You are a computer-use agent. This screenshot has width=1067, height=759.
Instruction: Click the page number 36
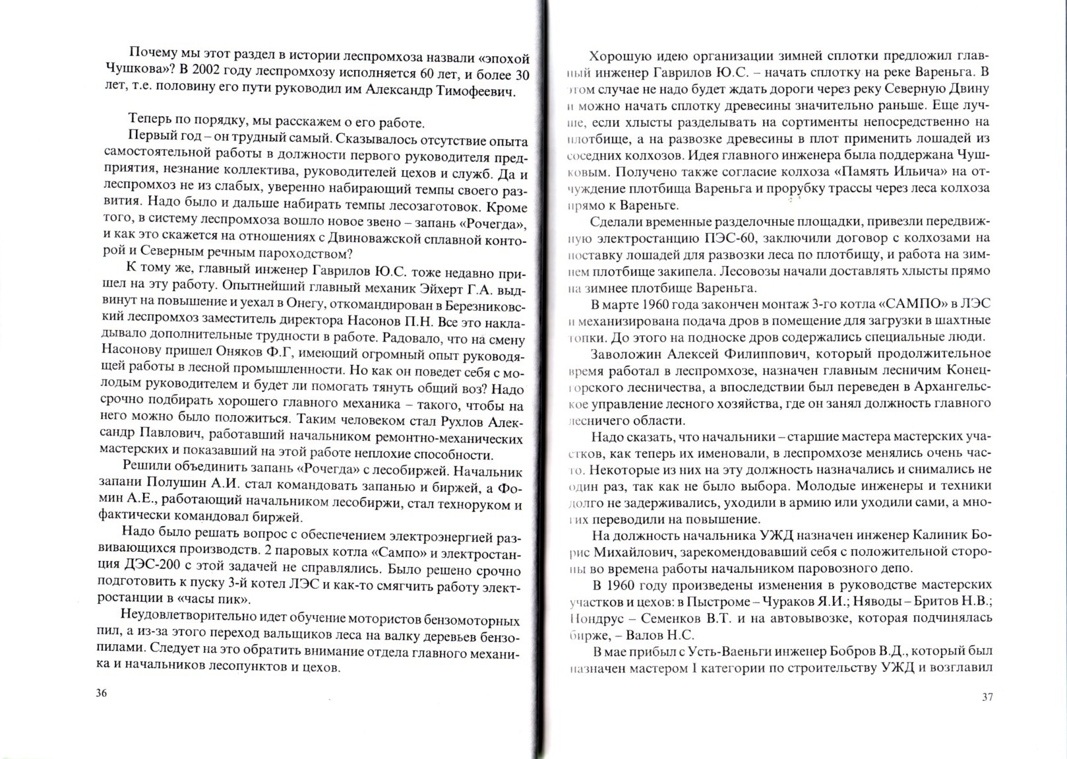102,693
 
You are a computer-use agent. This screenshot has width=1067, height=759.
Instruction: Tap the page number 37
987,697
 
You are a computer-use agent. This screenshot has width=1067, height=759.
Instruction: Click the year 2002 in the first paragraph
206,73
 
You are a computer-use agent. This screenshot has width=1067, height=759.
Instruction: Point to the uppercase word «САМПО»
909,304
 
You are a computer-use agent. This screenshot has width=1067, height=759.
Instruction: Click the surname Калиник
937,535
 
